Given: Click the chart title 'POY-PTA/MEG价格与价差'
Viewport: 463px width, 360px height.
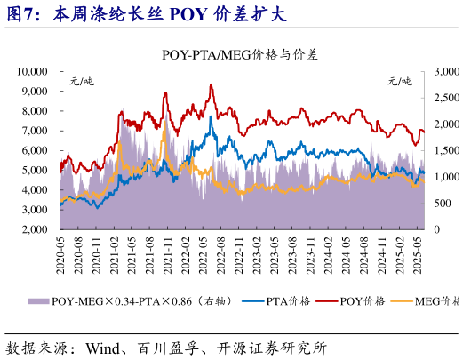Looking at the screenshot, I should pos(241,54).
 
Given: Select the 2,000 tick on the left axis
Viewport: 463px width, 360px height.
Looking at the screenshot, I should pos(36,230).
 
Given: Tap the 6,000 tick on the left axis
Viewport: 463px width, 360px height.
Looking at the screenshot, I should pos(36,150).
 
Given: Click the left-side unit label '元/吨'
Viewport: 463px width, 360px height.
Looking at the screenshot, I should pos(82,81).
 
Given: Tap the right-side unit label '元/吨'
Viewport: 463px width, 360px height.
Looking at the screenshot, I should pos(401,81).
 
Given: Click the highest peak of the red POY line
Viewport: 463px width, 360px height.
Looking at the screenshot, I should pos(210,84).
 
